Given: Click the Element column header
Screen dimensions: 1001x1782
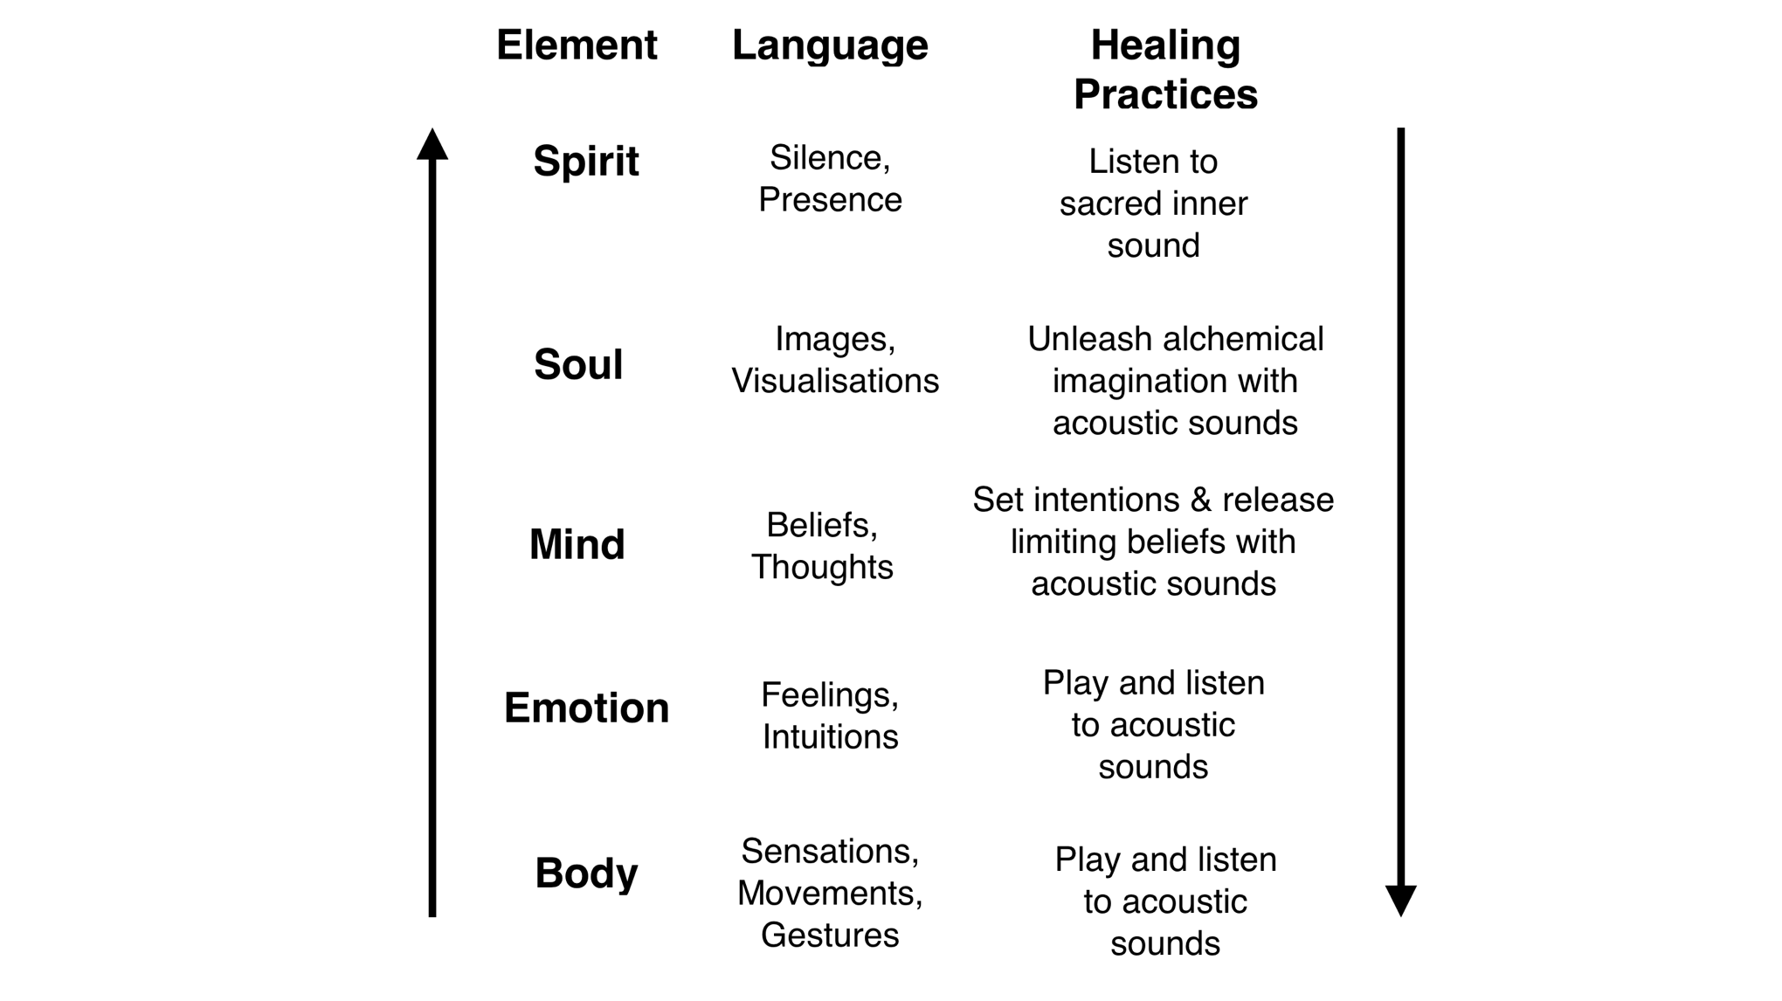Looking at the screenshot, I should (x=577, y=45).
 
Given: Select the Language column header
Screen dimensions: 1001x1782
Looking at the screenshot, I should (x=830, y=45).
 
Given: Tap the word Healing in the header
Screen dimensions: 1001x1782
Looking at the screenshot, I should (x=1165, y=45).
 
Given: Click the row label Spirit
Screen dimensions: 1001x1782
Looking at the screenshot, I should (x=586, y=162).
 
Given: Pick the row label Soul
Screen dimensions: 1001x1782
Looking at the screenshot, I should (x=578, y=364).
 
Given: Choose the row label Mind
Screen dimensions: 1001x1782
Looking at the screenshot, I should (x=577, y=544).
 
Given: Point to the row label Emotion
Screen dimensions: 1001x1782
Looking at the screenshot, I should (x=586, y=708).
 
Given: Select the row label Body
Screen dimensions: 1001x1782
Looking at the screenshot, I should (x=586, y=873).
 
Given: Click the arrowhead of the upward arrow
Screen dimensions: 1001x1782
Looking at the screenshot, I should (x=432, y=145).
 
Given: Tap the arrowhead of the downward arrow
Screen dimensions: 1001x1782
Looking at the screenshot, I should (x=1401, y=900).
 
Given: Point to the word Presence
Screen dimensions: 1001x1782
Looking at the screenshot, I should (x=830, y=200).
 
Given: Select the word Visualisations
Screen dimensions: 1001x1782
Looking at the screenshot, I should (x=835, y=381).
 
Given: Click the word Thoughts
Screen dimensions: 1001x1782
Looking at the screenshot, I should (x=822, y=567).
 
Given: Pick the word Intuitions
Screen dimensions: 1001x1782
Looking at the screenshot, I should (x=830, y=736).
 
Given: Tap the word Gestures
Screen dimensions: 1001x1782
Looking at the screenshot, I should (x=830, y=935).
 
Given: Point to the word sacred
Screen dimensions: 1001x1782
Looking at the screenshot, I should (x=1102, y=204).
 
